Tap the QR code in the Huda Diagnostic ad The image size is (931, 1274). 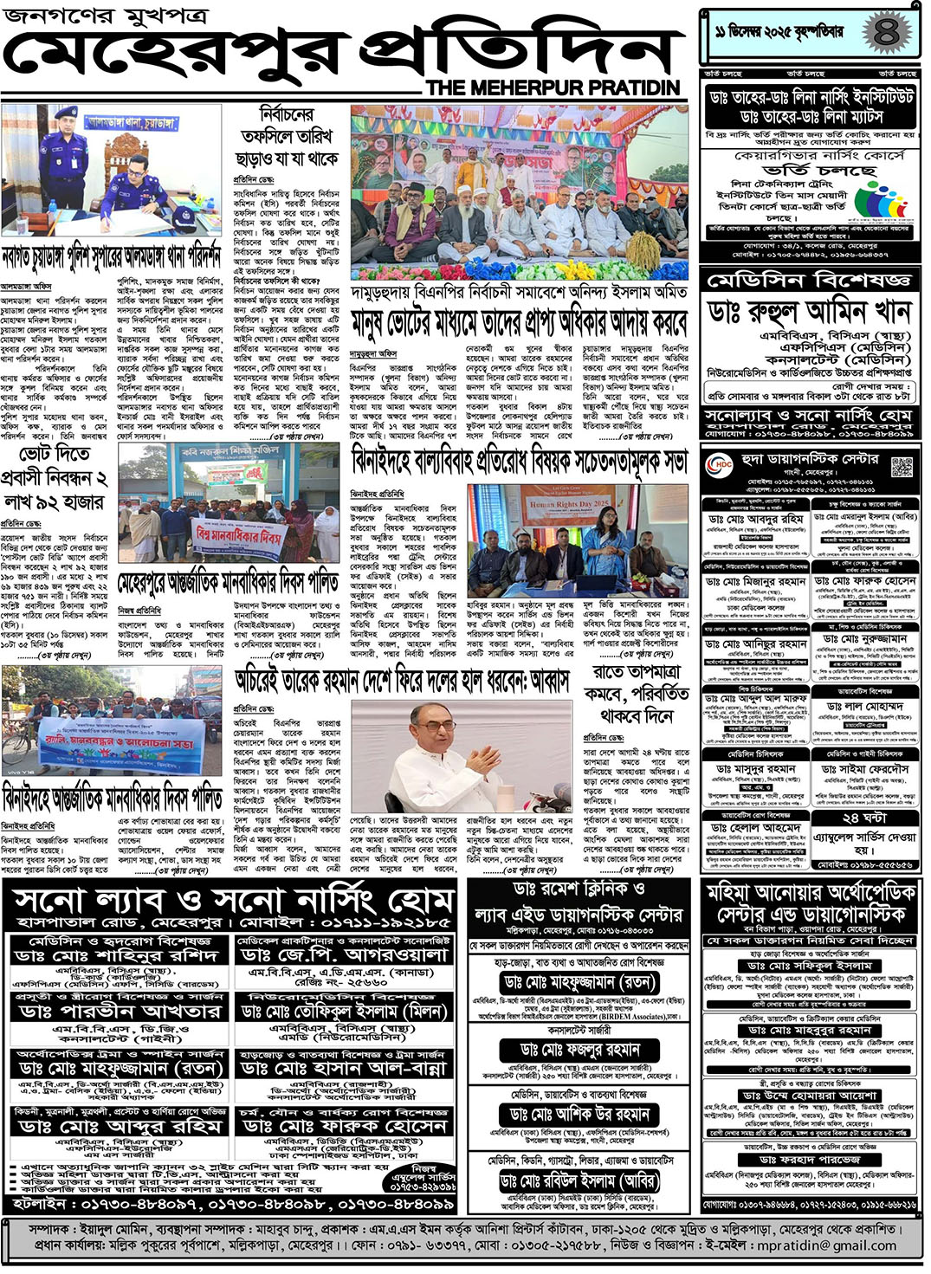(901, 466)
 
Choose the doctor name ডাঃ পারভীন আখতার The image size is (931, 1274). (119, 1012)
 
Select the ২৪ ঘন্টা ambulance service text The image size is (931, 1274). (863, 817)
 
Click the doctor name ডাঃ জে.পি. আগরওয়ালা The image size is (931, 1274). (344, 954)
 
